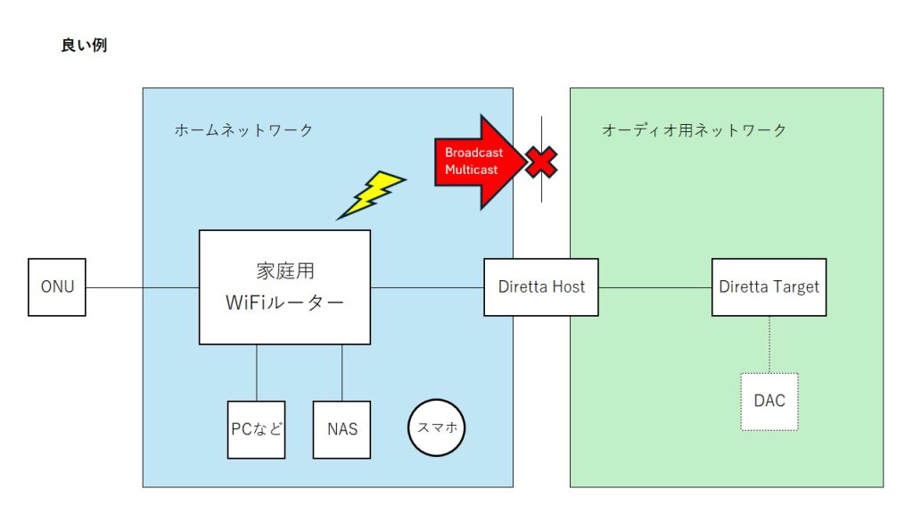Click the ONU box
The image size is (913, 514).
click(57, 287)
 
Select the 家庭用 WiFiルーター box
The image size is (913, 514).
click(284, 287)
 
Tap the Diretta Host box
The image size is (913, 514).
click(541, 287)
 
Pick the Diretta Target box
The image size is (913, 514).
click(769, 287)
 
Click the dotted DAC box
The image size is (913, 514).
click(769, 401)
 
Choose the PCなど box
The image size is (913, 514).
click(256, 429)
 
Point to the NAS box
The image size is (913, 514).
click(341, 429)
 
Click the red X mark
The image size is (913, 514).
click(540, 162)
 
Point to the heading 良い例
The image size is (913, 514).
click(83, 46)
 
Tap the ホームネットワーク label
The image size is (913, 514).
click(243, 130)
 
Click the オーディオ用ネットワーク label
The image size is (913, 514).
click(694, 130)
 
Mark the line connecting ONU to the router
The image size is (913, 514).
click(143, 287)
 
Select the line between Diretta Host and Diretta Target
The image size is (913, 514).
click(655, 287)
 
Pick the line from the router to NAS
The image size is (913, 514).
click(342, 372)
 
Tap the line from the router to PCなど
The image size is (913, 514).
click(257, 372)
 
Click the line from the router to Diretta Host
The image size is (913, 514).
click(427, 287)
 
